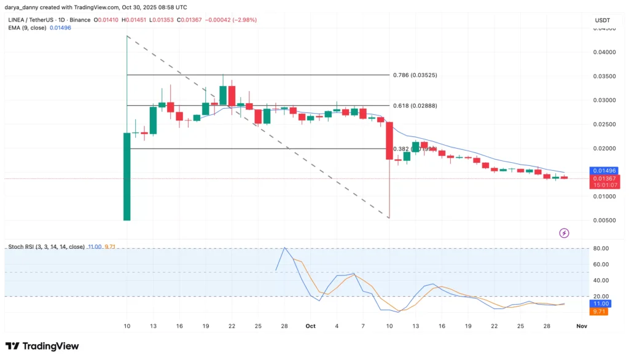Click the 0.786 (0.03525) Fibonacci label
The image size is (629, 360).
415,75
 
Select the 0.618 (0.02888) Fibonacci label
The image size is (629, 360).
415,106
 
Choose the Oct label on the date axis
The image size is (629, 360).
310,326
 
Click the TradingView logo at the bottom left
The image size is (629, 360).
42,346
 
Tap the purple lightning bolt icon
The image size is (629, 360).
564,233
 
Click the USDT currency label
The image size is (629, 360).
603,20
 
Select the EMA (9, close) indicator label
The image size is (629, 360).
27,28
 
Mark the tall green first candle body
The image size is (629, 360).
127,176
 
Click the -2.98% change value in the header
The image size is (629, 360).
244,20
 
